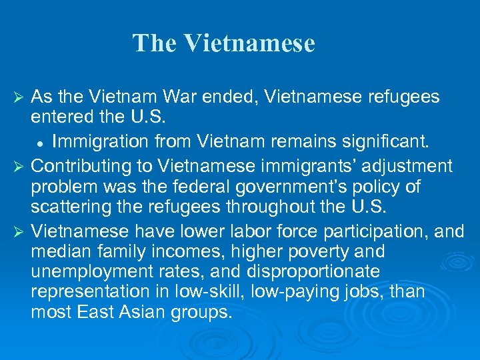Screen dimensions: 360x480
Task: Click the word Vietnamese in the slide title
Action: pos(249,43)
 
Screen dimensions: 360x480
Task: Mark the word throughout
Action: pos(251,207)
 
